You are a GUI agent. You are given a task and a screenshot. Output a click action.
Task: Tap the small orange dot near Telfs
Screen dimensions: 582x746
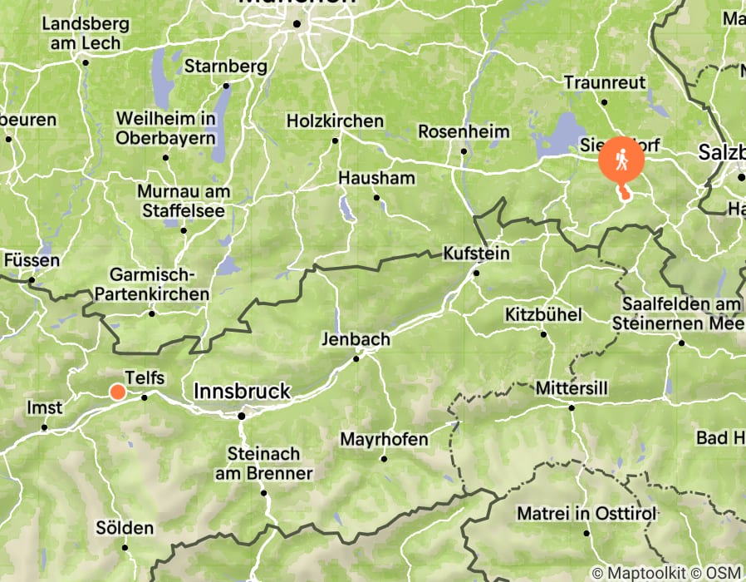[x=118, y=392]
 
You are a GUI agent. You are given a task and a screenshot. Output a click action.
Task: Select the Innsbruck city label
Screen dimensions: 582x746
[x=242, y=391]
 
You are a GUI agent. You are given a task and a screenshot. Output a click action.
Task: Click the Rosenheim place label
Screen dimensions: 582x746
[x=461, y=131]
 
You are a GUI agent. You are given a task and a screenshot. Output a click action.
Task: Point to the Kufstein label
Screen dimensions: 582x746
[x=476, y=252]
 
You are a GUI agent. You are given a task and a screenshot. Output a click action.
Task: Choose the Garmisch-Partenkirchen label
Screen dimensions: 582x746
[x=152, y=284]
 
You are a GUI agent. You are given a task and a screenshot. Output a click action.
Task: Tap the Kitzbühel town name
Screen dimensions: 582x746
[x=543, y=315]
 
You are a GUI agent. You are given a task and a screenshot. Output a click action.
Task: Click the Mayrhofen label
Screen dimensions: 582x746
[x=384, y=439]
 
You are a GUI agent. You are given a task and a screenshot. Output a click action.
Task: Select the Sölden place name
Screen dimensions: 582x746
[x=125, y=528]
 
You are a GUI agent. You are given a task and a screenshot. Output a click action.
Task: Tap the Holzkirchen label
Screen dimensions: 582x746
[x=335, y=121]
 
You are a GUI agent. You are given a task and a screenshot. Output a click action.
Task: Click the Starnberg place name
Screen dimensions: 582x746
[x=225, y=66]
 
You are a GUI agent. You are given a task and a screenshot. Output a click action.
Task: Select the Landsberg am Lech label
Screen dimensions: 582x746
[x=81, y=34]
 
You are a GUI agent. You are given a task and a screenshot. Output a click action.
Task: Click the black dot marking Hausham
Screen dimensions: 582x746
[x=376, y=197]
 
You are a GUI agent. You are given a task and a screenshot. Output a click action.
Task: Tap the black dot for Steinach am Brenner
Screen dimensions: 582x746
[x=264, y=493]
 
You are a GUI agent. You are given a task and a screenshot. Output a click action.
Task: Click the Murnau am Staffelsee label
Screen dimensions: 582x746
[x=184, y=201]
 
